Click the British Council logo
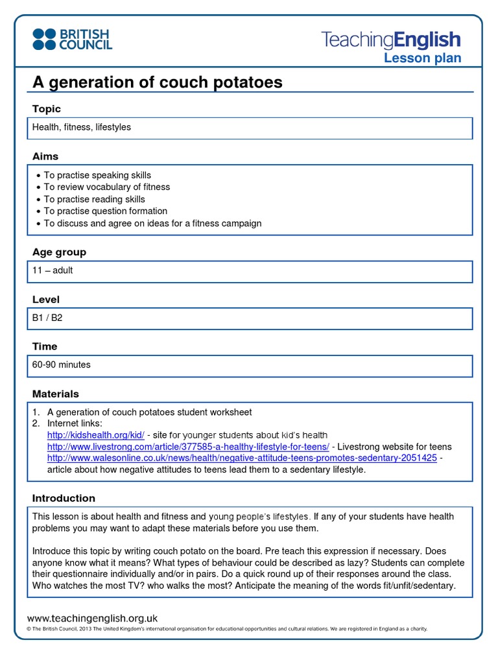(72, 39)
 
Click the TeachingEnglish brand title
(391, 40)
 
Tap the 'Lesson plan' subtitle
(422, 58)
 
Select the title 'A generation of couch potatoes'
(158, 82)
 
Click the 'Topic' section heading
(47, 109)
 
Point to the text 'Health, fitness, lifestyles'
(82, 127)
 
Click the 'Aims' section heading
(45, 156)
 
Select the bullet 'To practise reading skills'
(94, 199)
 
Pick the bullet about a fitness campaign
(152, 223)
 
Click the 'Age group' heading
(59, 252)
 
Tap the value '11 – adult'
(53, 270)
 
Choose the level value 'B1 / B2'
(47, 318)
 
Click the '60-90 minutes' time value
(62, 364)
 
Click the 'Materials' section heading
(56, 394)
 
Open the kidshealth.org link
(95, 435)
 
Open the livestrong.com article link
(188, 447)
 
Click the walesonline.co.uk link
(242, 458)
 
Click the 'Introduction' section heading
(64, 498)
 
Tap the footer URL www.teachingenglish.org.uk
(92, 619)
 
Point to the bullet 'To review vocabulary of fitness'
(106, 187)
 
